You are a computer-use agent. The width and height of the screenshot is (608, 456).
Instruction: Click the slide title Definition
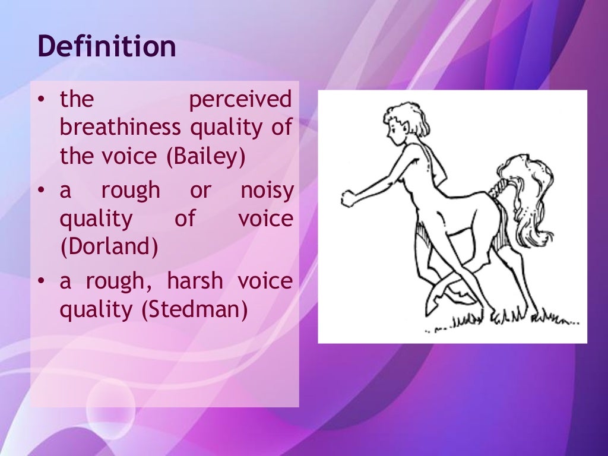tap(107, 47)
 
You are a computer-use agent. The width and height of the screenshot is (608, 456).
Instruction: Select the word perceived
tap(240, 100)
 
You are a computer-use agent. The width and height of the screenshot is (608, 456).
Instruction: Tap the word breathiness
tap(121, 128)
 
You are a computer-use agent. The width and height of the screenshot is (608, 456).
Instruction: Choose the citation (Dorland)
tap(109, 247)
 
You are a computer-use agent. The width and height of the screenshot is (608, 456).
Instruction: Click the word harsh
tap(194, 281)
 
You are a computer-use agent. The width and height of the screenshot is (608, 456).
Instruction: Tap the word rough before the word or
tap(131, 191)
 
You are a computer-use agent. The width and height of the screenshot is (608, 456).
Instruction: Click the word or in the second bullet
tap(200, 191)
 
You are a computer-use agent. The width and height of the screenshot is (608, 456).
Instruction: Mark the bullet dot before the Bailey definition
tap(41, 100)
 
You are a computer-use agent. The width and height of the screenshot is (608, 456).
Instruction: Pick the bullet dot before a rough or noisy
tap(41, 191)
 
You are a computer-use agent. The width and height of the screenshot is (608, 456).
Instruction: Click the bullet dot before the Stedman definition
tap(41, 281)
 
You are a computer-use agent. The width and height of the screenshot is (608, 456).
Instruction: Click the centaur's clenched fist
tap(348, 198)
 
